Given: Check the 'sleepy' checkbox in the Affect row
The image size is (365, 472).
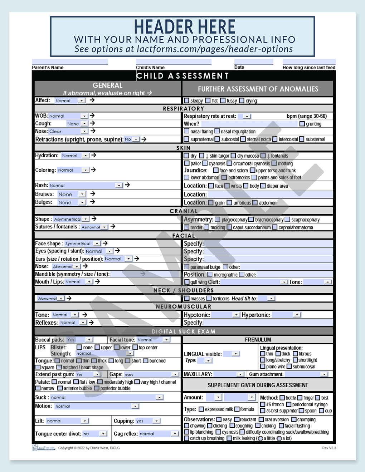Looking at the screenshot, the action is tap(186, 101).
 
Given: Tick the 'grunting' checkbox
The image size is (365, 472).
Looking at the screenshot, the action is tap(302, 124).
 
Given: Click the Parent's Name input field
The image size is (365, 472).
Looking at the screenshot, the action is tap(70, 62).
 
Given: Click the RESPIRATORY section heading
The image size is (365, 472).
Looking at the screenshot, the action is tap(184, 108).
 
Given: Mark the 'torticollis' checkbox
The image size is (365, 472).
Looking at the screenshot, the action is tap(209, 299).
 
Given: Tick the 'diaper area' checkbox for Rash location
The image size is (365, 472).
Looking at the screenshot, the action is tap(263, 186).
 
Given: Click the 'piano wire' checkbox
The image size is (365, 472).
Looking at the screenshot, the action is tap(263, 367).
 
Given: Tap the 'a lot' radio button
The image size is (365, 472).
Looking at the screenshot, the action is tap(279, 438).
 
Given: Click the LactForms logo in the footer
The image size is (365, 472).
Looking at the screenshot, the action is tap(44, 448).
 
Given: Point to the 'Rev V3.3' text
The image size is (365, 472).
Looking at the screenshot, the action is tap(329, 448).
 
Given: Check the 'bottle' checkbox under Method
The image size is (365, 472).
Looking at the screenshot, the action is tap(282, 398).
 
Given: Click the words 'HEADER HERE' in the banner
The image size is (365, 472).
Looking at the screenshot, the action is tap(184, 27).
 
